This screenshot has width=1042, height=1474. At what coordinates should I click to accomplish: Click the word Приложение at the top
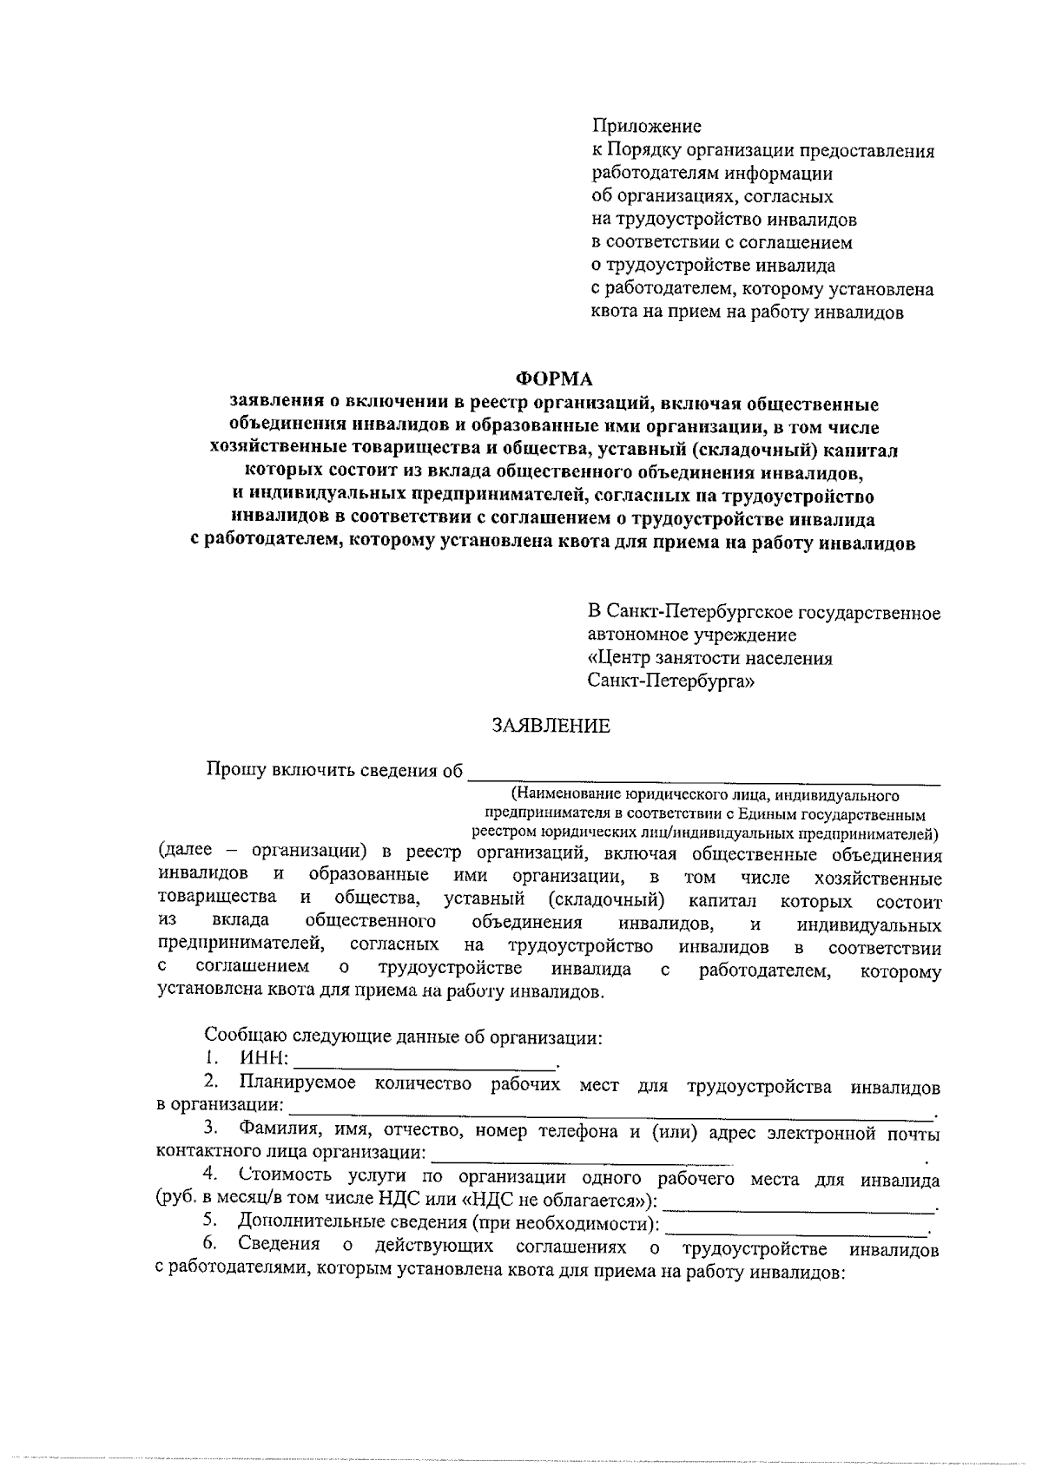[646, 127]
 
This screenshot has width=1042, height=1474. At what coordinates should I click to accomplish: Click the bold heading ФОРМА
[554, 379]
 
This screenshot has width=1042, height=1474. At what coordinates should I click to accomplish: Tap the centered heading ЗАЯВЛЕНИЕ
[551, 726]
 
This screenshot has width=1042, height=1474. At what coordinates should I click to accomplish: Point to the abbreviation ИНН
[264, 1059]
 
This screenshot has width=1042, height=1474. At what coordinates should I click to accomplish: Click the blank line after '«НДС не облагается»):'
[800, 1207]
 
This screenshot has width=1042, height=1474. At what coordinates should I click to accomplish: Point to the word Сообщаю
[239, 1036]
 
